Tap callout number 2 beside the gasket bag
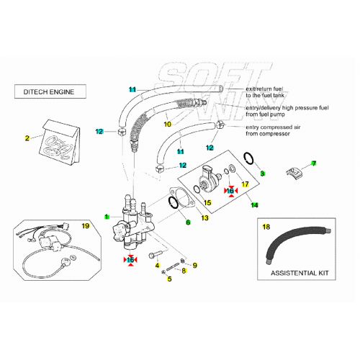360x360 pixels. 27,138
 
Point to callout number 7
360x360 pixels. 313,163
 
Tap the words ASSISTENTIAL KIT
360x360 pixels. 299,274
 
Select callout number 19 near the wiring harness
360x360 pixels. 85,226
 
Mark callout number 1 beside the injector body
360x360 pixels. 107,217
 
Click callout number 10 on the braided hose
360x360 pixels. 167,124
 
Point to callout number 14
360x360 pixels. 253,205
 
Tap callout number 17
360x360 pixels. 245,184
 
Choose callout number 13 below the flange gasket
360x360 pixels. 204,217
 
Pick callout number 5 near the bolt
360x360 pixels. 169,278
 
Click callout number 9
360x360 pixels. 194,265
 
